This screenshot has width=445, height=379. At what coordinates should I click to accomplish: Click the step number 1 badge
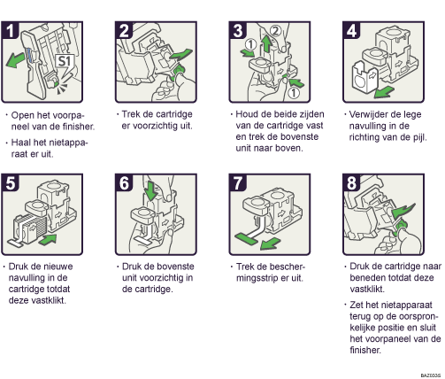click(x=11, y=31)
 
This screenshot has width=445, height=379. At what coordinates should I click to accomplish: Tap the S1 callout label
click(x=65, y=61)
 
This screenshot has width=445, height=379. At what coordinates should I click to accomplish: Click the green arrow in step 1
click(x=15, y=59)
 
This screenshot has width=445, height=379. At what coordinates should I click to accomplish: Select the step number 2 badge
click(x=124, y=31)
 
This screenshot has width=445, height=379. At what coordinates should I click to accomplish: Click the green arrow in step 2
click(x=181, y=55)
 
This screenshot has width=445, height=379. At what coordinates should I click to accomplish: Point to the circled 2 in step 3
click(x=275, y=30)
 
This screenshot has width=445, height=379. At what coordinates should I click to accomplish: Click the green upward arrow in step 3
click(x=267, y=43)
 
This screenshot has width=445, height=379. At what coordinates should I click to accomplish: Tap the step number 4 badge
click(x=352, y=31)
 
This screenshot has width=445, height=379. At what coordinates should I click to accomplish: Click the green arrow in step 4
click(x=384, y=92)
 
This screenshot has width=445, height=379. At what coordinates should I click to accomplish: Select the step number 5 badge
click(x=11, y=183)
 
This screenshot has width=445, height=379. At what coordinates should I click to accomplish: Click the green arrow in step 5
click(x=48, y=239)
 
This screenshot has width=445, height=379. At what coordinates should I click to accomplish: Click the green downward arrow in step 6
click(x=151, y=190)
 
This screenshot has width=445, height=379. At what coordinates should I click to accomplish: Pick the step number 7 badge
click(x=238, y=183)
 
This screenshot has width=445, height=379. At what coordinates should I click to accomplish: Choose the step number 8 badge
click(x=352, y=183)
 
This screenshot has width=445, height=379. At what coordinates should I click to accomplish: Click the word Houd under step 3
click(x=246, y=114)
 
